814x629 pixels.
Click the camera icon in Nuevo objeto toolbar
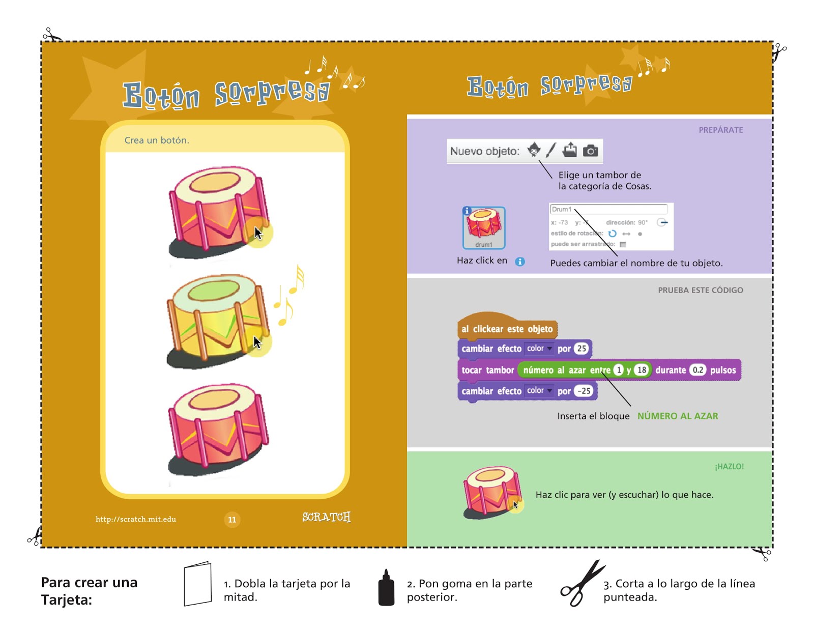[590, 150]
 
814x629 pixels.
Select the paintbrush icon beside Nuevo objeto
[550, 150]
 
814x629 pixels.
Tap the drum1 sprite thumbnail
[484, 227]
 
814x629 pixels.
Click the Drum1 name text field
[608, 209]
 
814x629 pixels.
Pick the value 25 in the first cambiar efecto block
[581, 349]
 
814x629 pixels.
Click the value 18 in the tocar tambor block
[642, 370]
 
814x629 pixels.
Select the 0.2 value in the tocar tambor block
[697, 370]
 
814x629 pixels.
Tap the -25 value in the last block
[585, 391]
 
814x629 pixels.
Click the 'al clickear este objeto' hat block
[507, 329]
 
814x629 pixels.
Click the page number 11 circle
[232, 520]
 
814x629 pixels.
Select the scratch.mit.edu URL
[136, 519]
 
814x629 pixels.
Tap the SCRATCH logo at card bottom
[326, 517]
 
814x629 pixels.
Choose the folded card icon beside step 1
[197, 584]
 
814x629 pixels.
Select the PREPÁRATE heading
[720, 130]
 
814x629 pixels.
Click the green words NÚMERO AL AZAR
[678, 416]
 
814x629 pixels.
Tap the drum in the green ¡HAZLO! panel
[491, 493]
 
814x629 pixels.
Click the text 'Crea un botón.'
[157, 140]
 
